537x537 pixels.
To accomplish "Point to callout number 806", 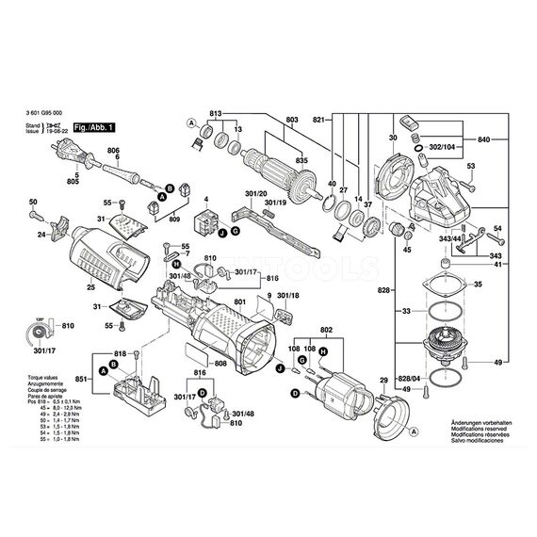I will point(113,152).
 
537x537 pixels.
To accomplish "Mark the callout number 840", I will point(484,138).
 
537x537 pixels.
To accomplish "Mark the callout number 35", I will point(477,284).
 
